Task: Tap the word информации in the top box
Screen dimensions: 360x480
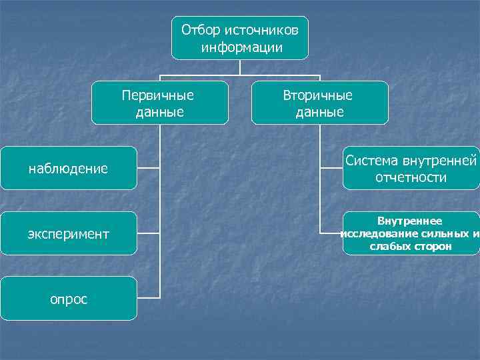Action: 241,47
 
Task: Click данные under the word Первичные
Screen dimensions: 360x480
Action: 160,112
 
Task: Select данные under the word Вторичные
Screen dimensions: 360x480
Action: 320,112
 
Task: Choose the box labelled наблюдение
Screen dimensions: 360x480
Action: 68,169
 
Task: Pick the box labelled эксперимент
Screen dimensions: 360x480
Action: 68,234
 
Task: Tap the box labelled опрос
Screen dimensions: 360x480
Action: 68,299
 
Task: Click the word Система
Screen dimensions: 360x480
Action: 372,161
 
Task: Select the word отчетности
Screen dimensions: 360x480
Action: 411,178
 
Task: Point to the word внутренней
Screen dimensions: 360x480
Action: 440,161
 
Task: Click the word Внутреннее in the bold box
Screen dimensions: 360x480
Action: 409,221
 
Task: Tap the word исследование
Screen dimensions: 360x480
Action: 383,233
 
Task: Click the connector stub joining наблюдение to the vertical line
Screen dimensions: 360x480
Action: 148,168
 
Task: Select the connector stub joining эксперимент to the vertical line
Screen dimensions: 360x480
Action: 148,233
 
